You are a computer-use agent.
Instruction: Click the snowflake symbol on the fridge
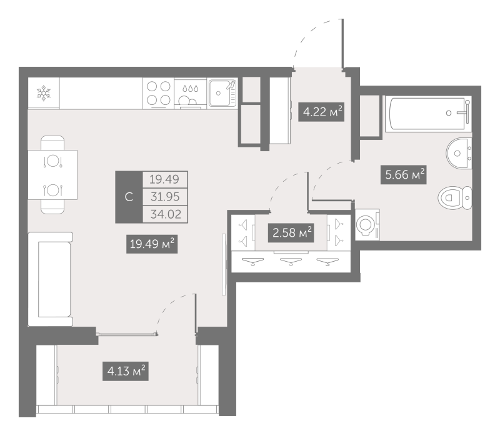(44, 92)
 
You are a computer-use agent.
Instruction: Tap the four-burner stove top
(159, 93)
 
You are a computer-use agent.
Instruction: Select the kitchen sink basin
(223, 92)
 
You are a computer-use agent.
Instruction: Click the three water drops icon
(191, 88)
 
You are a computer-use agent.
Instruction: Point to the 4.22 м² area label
(321, 112)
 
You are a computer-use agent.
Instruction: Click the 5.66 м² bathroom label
(404, 175)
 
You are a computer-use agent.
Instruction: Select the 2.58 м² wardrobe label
(291, 232)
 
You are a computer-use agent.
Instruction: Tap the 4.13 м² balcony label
(126, 371)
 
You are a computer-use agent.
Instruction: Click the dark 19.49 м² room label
(152, 244)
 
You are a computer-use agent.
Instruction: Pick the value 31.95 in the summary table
(165, 197)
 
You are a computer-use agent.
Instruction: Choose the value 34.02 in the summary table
(166, 214)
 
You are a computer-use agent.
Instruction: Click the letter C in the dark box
(129, 197)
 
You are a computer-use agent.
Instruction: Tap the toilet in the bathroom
(455, 198)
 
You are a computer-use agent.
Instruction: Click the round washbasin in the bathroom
(459, 153)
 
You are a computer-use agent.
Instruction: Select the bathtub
(428, 114)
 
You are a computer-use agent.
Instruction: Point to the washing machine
(367, 224)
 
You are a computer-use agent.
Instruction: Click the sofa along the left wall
(51, 279)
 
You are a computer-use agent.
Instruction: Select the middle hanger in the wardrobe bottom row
(291, 262)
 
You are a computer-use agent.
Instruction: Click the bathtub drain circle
(449, 113)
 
